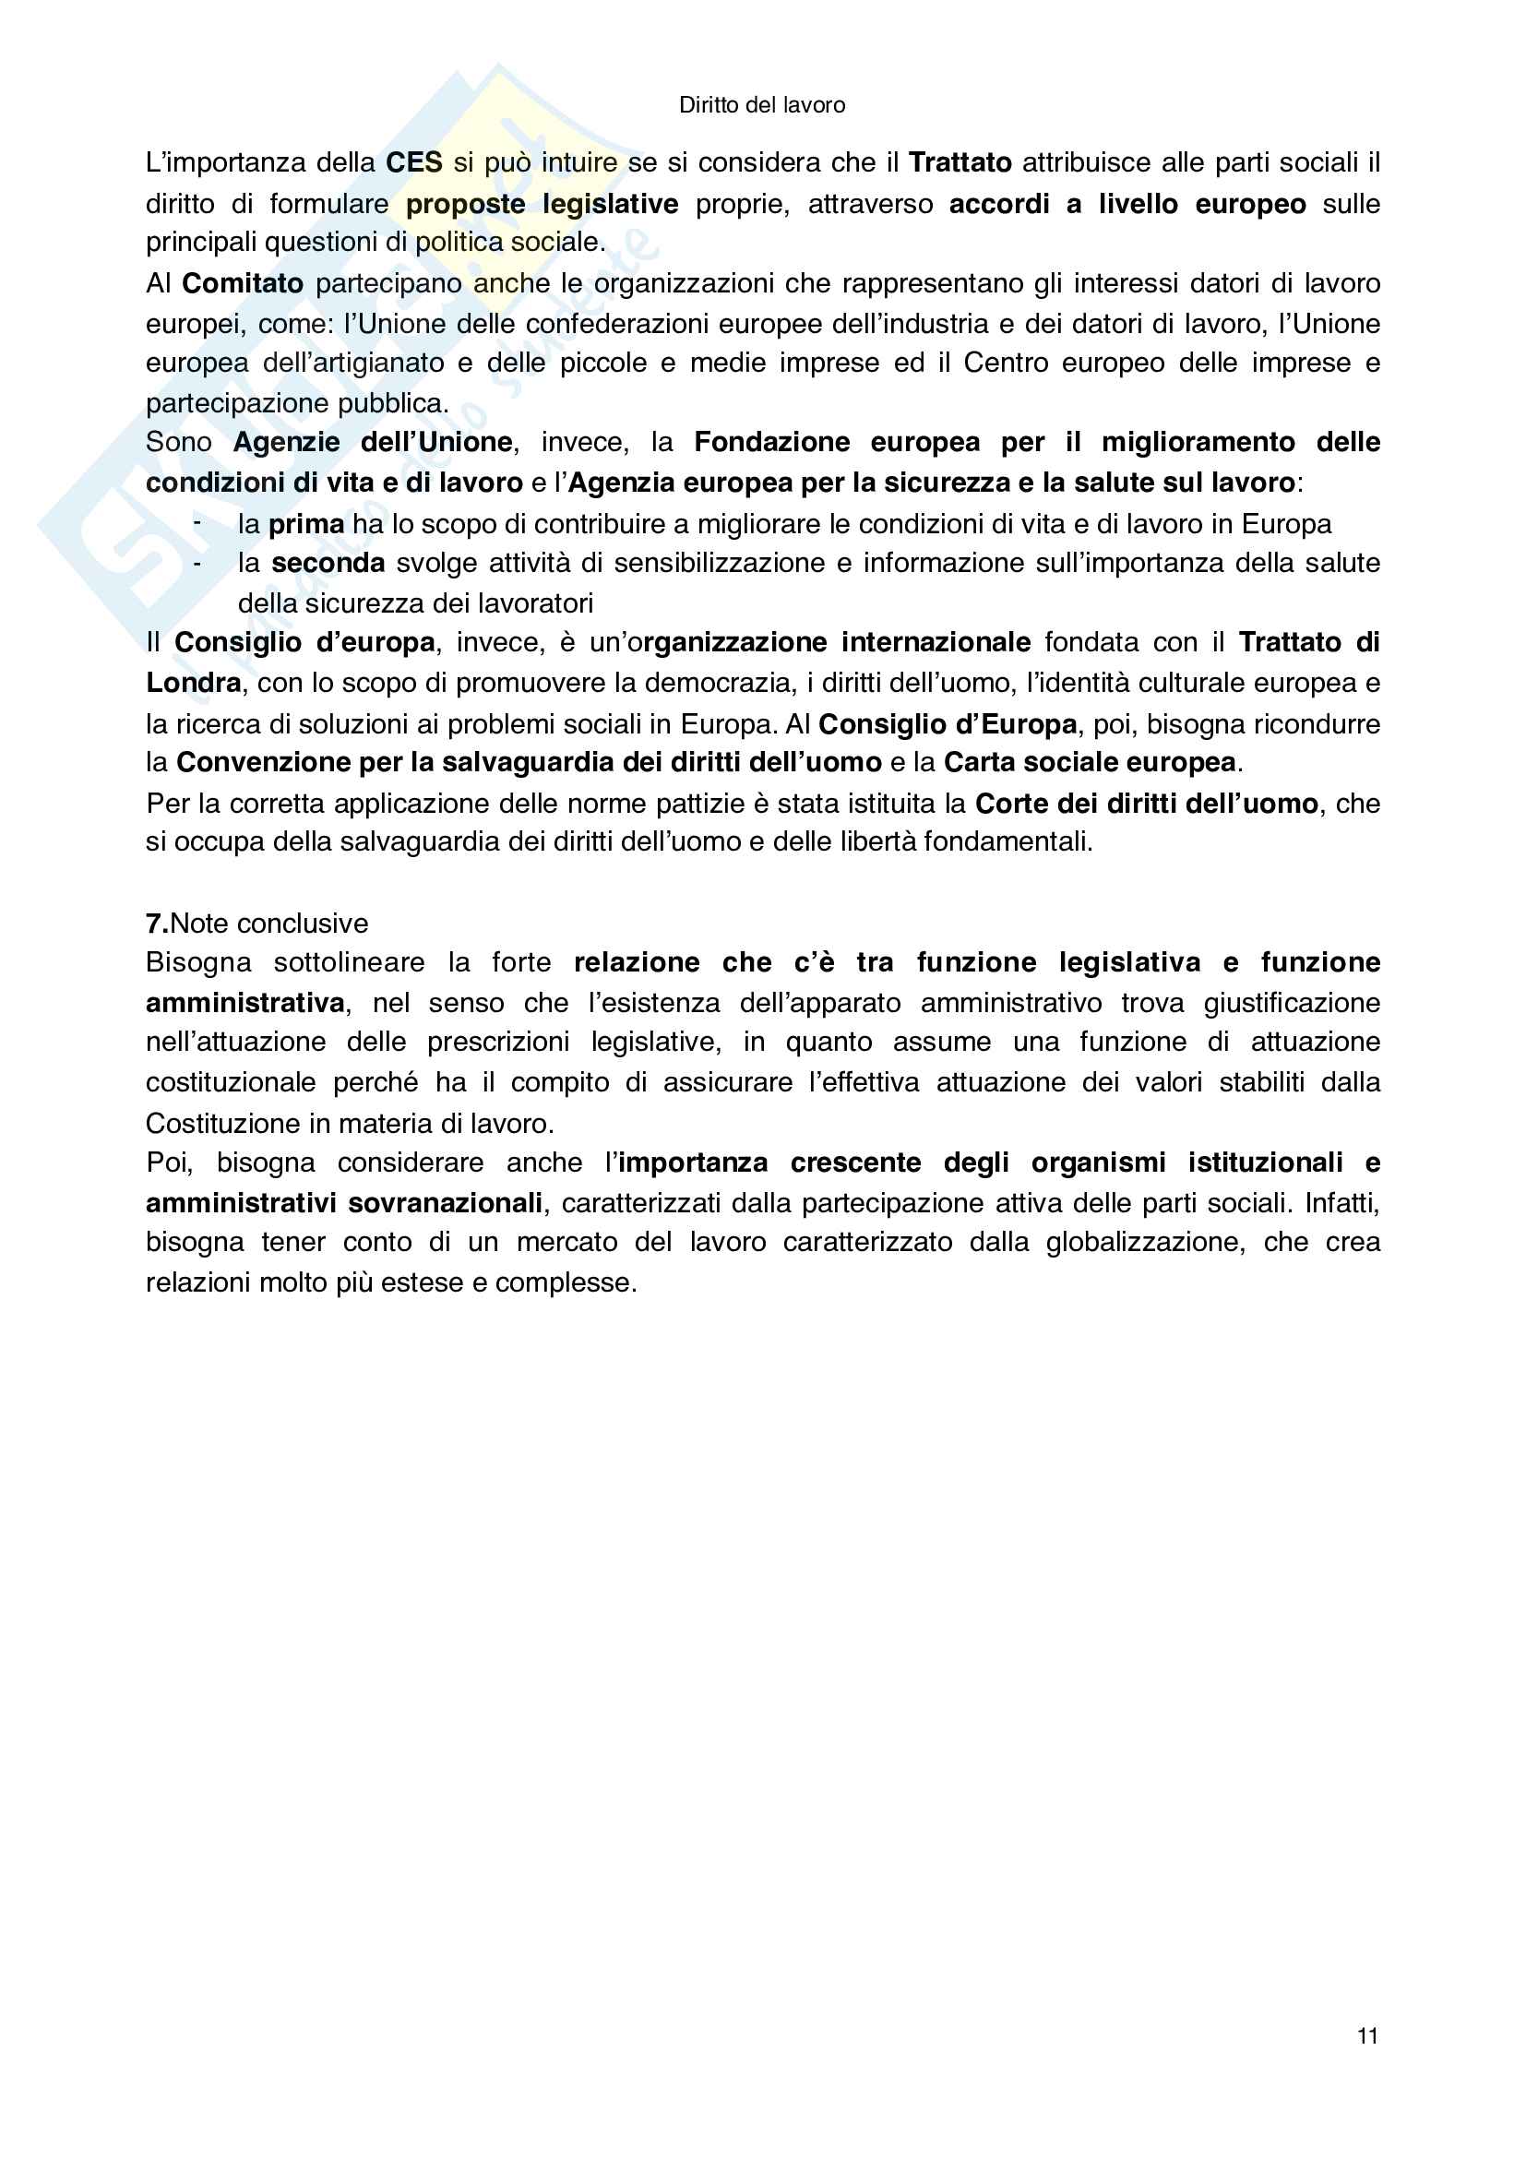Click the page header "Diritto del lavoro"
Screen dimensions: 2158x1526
(x=761, y=105)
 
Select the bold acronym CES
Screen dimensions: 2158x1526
(x=413, y=162)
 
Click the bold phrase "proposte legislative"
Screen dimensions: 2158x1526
(x=542, y=204)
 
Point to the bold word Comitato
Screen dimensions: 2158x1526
(x=243, y=283)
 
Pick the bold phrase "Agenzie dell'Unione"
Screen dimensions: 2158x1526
(x=373, y=442)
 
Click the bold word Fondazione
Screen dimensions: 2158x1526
(x=771, y=442)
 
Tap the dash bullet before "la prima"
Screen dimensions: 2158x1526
(x=197, y=522)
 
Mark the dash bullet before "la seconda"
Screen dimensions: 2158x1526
(x=197, y=563)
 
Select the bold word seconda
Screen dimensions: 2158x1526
(x=328, y=563)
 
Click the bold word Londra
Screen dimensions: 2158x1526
(x=194, y=683)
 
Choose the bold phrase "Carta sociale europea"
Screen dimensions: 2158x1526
(x=1089, y=762)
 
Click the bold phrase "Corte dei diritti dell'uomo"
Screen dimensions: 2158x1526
(x=1147, y=804)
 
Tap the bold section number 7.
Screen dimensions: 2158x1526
(x=157, y=923)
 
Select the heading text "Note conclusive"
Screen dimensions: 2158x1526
(x=269, y=923)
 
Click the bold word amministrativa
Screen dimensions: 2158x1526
(x=245, y=1003)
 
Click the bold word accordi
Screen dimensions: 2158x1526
(x=999, y=204)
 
